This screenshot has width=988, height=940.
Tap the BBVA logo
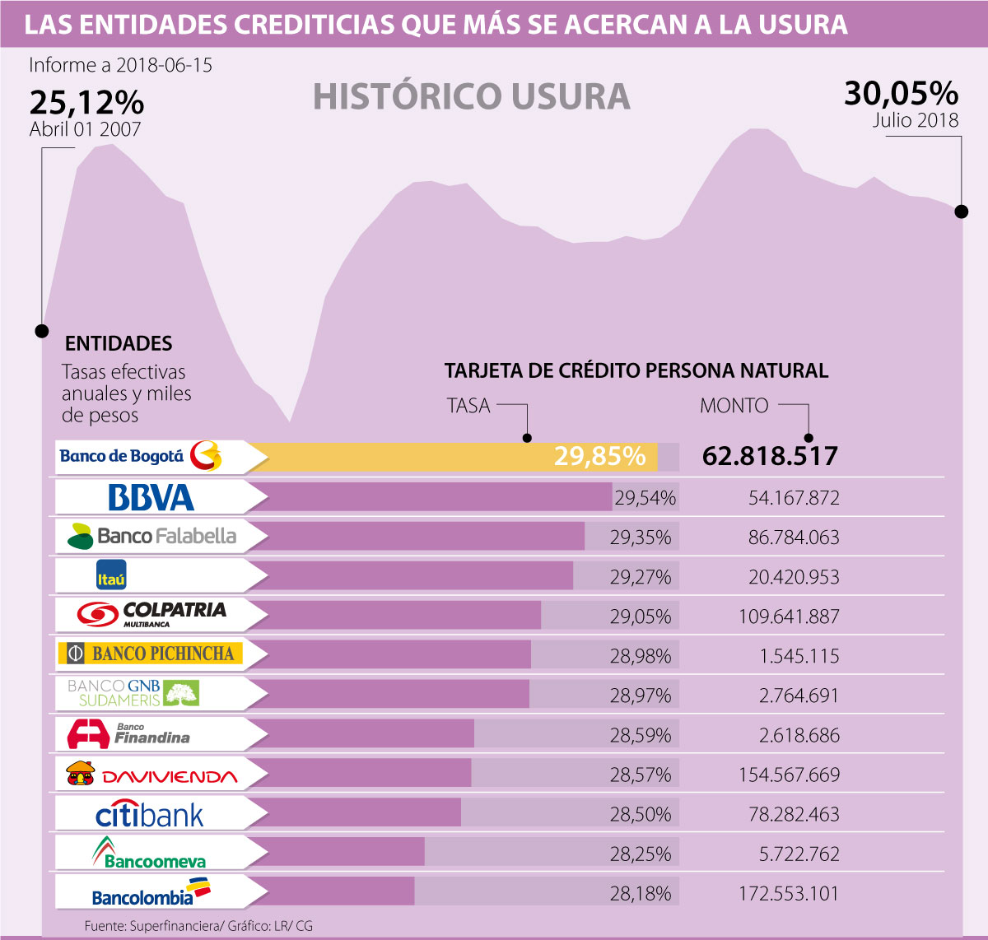point(151,497)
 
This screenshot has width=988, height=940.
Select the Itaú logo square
point(111,575)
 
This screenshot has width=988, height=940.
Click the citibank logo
point(150,815)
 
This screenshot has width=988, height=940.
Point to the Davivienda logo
point(151,775)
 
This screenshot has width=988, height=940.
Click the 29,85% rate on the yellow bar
point(599,456)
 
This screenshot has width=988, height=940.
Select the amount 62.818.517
point(770,456)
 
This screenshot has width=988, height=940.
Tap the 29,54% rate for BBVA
point(645,498)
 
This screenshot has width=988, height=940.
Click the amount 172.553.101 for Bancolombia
point(789,893)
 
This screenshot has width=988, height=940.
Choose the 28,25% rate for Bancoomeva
point(641,854)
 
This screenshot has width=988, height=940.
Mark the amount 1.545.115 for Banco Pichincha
point(799,656)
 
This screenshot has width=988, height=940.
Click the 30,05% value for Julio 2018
point(902,94)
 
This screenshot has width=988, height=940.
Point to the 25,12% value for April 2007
point(86,103)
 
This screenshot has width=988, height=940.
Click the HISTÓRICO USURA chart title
point(472,96)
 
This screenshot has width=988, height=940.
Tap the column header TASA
point(468,406)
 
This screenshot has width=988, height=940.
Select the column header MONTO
point(734,406)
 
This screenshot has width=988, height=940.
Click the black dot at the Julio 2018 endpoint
point(961,212)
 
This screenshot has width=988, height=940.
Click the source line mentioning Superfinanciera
point(198,926)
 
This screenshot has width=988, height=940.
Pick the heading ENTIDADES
point(119,343)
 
